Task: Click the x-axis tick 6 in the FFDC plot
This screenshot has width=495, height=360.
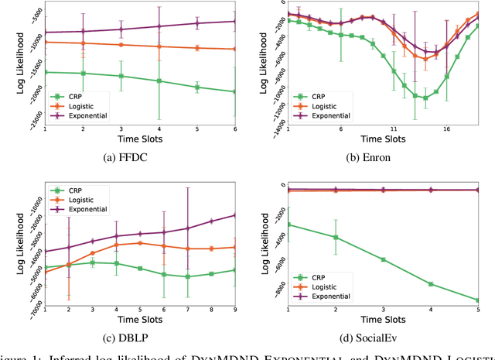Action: click(235, 129)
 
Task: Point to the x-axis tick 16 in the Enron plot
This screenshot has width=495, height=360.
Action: click(446, 129)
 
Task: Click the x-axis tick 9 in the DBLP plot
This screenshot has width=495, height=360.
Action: click(235, 309)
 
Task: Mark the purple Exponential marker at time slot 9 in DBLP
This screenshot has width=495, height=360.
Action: click(235, 215)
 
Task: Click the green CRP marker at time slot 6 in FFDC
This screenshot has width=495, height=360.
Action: click(235, 92)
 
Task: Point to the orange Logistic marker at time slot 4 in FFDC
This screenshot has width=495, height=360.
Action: click(159, 46)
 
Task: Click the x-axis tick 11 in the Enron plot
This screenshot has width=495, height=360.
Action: click(394, 129)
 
